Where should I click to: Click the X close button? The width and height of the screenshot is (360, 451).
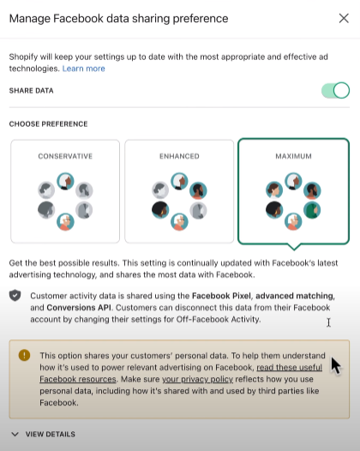click(x=344, y=18)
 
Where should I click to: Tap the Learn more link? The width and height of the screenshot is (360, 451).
click(x=84, y=69)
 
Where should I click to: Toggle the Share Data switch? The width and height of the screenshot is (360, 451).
click(x=335, y=91)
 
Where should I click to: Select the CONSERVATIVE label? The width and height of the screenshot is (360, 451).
click(x=65, y=156)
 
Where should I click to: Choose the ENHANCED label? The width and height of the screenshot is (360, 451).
click(x=179, y=156)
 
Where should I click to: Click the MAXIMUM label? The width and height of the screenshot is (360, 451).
click(x=294, y=156)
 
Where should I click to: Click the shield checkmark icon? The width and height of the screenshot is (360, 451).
click(x=15, y=296)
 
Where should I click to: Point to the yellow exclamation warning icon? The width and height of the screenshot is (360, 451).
click(x=25, y=355)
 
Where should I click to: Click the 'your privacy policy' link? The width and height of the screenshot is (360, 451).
click(x=197, y=379)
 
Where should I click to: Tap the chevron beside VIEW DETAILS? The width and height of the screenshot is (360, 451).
click(x=15, y=434)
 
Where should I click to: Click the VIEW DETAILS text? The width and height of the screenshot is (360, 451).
click(x=51, y=434)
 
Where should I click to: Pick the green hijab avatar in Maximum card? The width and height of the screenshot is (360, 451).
click(x=312, y=210)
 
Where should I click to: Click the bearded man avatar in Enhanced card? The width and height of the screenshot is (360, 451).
click(x=198, y=190)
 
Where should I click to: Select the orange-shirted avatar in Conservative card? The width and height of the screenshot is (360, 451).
click(x=65, y=222)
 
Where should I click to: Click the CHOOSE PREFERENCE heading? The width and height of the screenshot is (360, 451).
click(x=48, y=124)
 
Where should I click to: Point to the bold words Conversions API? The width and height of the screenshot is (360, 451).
click(x=79, y=308)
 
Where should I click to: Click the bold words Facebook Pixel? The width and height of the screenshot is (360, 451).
click(x=221, y=296)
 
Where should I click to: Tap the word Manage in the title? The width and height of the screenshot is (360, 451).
click(x=30, y=19)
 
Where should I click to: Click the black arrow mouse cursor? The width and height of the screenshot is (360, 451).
click(x=336, y=366)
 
